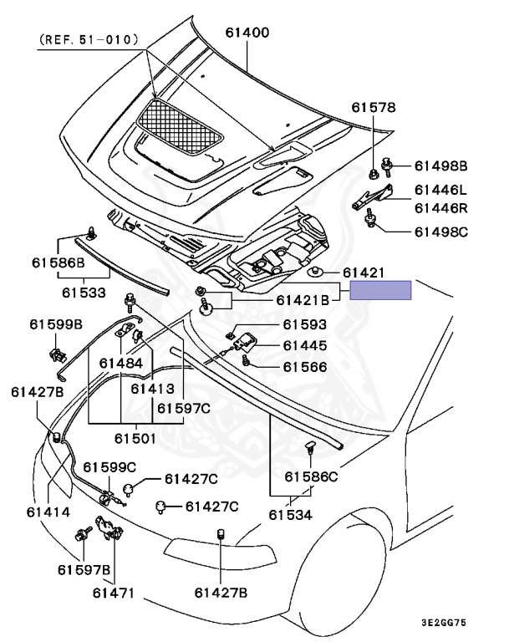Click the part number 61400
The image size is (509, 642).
pos(247,33)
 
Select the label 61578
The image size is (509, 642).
pos(374,108)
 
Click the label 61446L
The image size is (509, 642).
pos(444,191)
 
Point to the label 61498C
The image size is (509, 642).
pos(444,231)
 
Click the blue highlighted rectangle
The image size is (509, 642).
pos(380,290)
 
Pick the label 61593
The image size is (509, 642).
pos(304,325)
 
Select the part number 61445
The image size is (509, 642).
pos(304,345)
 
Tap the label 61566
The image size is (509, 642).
pos(304,366)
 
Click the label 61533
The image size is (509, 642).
pos(83,293)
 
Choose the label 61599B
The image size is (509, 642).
pos(56,324)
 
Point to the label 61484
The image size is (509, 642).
pos(120,364)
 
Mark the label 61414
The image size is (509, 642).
pos(48,512)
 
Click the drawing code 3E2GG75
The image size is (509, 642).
pos(467,622)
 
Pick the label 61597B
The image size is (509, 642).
pos(84,570)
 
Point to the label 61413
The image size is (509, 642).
pos(152,389)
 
